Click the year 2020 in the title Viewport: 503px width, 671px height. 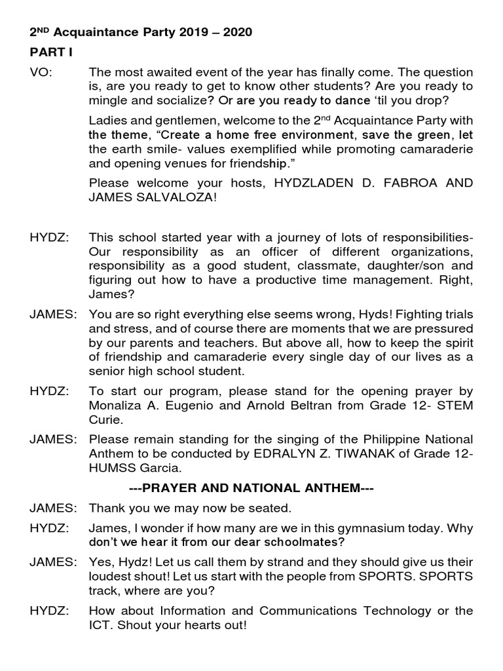[238, 31]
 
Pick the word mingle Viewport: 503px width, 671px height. [109, 100]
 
